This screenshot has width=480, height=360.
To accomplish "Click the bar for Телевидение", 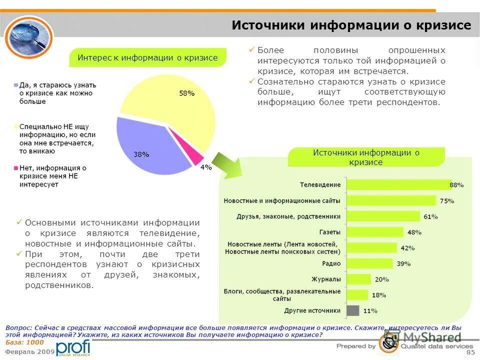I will coord(398,185).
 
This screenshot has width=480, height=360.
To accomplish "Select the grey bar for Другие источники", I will coord(352,310).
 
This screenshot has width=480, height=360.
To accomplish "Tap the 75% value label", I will coord(446,201).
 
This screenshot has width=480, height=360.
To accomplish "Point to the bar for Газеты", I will coord(374,232).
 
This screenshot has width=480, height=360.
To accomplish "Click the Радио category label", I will coord(331,263).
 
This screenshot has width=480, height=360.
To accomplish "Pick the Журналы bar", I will coord(358,279).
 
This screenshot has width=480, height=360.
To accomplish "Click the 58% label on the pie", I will coord(186,93).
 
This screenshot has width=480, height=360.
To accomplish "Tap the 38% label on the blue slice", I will coord(141,154).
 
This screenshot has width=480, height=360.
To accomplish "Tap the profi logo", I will coord(73,347).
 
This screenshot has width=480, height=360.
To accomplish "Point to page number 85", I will coord(470,353).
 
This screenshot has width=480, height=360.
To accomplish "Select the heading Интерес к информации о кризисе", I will coord(147,57).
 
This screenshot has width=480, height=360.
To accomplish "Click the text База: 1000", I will coord(24,342).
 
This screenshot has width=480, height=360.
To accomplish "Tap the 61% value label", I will coord(430,216).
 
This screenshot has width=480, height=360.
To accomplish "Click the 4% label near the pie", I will coord(205,167).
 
